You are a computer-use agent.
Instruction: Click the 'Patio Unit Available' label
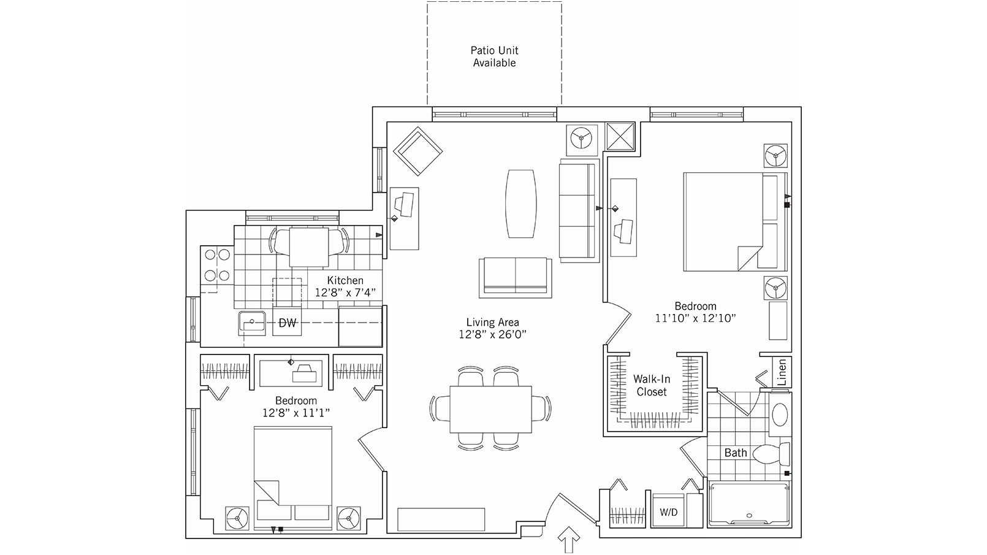(494, 56)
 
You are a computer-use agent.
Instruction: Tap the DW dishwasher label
(288, 323)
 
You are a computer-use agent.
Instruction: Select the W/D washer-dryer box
(668, 510)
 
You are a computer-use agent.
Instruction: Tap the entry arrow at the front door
(569, 539)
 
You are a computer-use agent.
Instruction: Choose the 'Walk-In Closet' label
(652, 385)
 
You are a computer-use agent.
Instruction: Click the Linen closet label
(782, 372)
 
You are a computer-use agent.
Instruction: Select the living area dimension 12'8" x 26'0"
(493, 334)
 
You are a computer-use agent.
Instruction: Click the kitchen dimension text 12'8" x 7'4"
(345, 293)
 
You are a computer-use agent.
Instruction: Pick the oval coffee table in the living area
(521, 204)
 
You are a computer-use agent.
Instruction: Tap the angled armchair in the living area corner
(417, 151)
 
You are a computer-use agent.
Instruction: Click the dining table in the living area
(490, 410)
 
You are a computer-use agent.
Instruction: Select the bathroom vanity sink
(780, 414)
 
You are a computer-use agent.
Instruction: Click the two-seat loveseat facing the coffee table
(515, 277)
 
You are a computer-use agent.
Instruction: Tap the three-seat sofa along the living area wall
(579, 211)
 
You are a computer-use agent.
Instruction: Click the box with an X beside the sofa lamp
(620, 136)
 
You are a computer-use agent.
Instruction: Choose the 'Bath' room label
(736, 453)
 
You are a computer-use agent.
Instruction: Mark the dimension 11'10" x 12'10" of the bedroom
(695, 318)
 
